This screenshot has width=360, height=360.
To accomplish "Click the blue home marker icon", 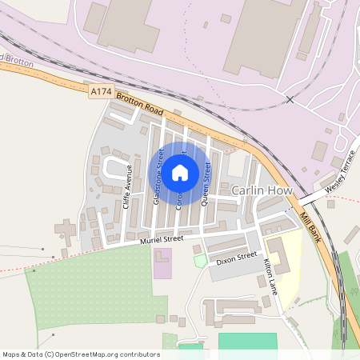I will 180,172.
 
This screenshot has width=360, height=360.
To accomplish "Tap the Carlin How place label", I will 261,192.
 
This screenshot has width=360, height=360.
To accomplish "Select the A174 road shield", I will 100,92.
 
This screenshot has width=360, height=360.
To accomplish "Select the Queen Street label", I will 207,184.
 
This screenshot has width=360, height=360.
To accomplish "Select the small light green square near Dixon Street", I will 200,261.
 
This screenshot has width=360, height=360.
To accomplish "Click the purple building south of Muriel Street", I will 162,263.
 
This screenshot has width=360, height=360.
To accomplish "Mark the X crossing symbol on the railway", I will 290,99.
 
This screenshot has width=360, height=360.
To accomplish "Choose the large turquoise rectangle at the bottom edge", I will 247,342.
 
